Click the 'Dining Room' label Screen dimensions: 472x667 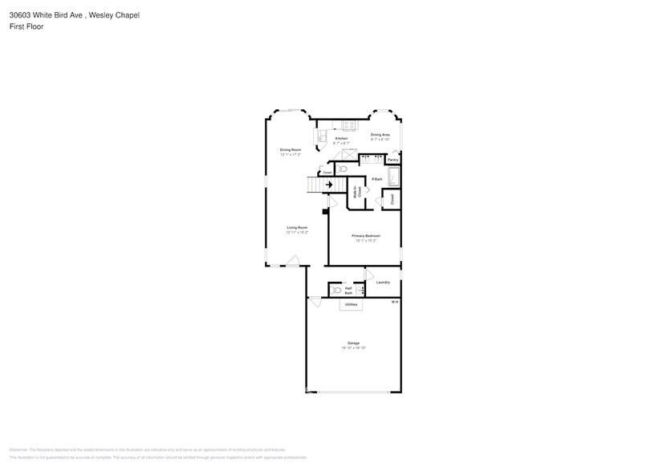[x=290, y=150]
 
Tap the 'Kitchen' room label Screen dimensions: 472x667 [x=341, y=139]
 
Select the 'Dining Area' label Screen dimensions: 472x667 [x=380, y=135]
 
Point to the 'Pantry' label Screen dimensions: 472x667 [x=392, y=161]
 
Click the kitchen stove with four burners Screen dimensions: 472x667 [x=349, y=124]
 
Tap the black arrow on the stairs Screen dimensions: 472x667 [x=328, y=185]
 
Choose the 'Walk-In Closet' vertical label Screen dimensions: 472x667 [x=356, y=192]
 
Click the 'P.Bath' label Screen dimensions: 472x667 [x=376, y=179]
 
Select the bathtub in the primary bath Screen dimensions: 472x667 [x=393, y=177]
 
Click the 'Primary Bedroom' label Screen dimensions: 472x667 [x=365, y=236]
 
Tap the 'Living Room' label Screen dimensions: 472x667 [x=297, y=228]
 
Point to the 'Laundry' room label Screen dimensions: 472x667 [x=383, y=282]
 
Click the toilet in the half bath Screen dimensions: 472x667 [x=337, y=291]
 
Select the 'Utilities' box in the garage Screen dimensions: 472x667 [x=351, y=305]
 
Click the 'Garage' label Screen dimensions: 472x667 [x=353, y=343]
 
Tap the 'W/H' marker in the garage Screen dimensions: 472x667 [x=394, y=302]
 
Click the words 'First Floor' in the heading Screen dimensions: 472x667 [x=27, y=26]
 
